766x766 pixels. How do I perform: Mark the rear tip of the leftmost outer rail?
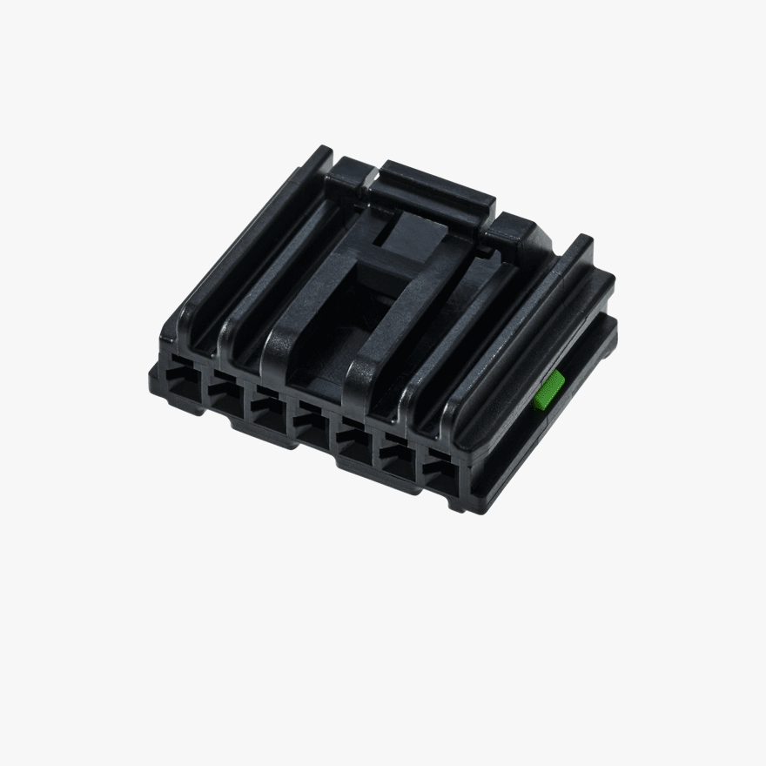(319, 155)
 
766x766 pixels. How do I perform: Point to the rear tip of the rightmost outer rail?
(580, 243)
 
